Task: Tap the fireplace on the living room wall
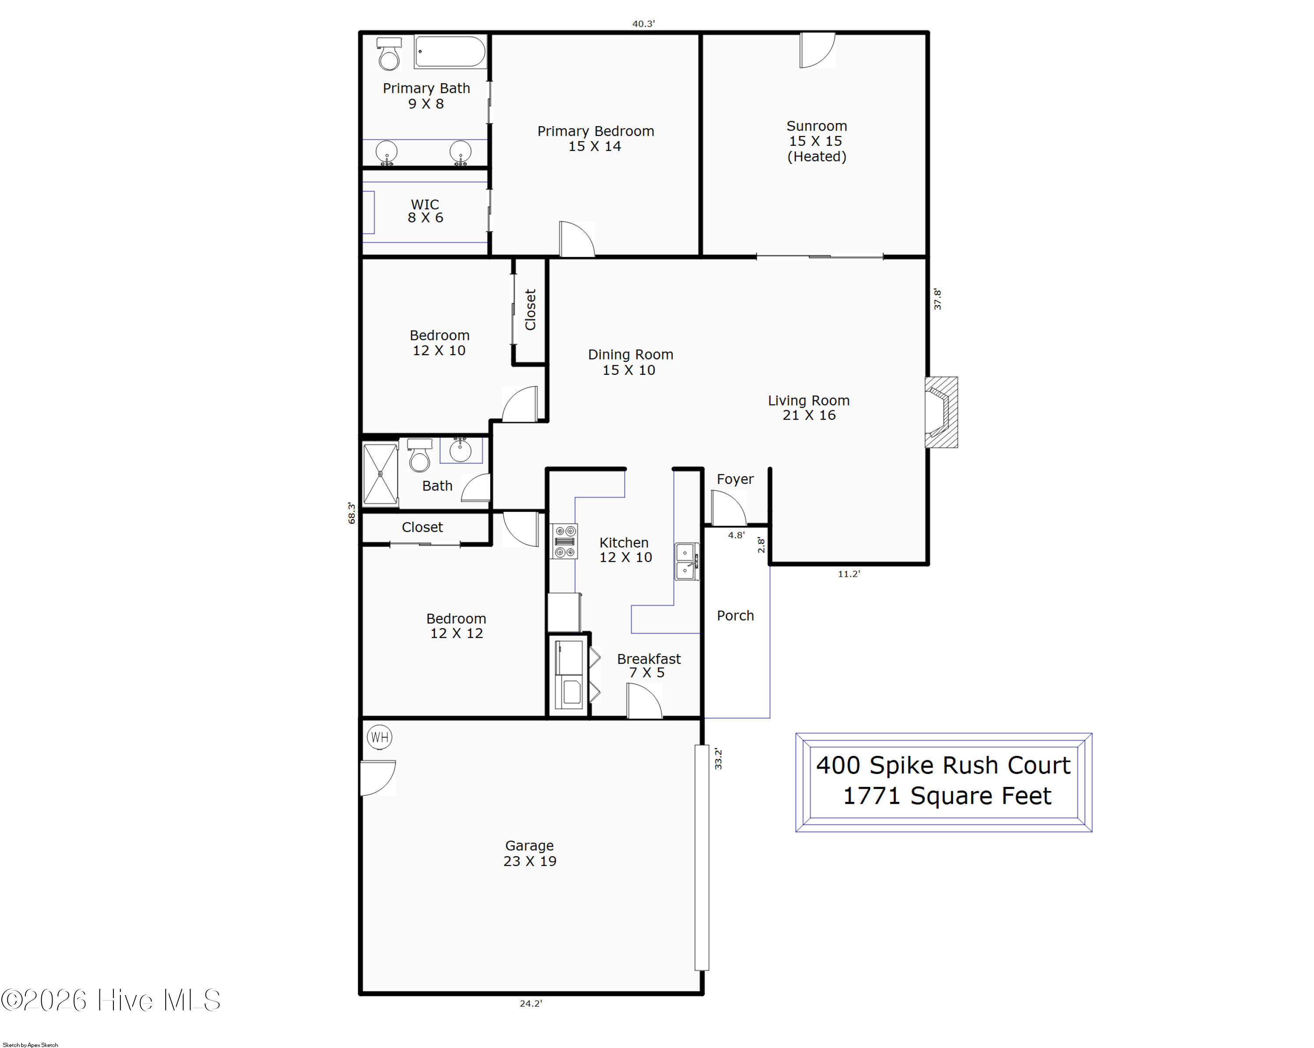[x=941, y=413]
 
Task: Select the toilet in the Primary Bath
[x=389, y=53]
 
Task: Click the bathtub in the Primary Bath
[x=450, y=52]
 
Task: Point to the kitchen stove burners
[x=564, y=541]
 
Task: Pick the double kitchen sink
[x=687, y=561]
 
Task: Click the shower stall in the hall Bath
[x=380, y=474]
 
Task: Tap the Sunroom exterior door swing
[x=817, y=49]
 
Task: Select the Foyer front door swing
[x=728, y=507]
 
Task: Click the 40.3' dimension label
[x=643, y=24]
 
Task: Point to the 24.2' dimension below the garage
[x=531, y=1003]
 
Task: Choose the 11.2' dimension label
[x=849, y=574]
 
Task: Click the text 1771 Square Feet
[x=947, y=796]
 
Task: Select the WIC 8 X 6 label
[x=425, y=211]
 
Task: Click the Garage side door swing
[x=378, y=778]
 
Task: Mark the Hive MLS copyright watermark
[x=110, y=1000]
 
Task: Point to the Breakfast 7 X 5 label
[x=649, y=665]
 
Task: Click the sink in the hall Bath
[x=460, y=450]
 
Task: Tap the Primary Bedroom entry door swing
[x=576, y=239]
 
